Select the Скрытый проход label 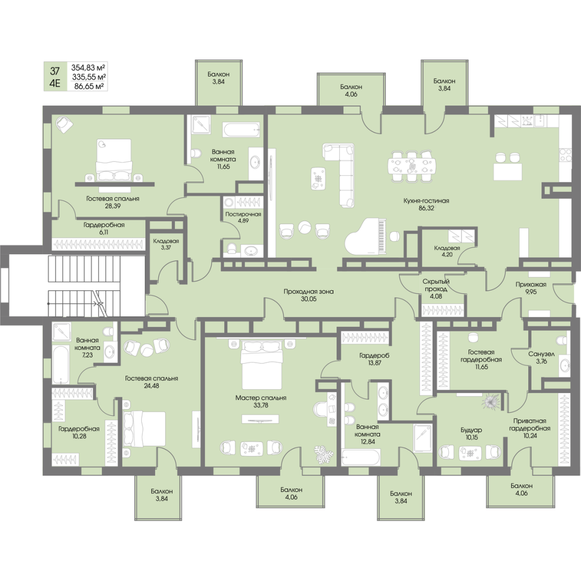click(x=436, y=285)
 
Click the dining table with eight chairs click(x=412, y=166)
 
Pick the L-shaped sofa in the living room click(x=343, y=173)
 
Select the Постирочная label click(x=243, y=214)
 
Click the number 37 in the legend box click(x=55, y=71)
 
